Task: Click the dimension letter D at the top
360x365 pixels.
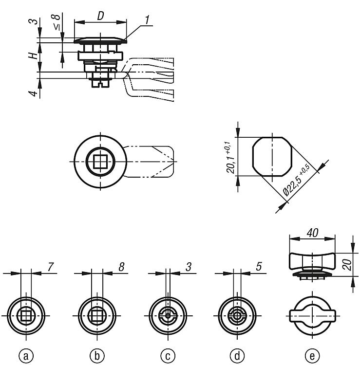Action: point(100,16)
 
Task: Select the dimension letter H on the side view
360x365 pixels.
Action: point(33,55)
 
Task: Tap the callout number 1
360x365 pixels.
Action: point(147,20)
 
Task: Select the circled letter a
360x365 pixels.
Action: point(26,356)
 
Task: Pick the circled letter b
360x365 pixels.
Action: point(97,356)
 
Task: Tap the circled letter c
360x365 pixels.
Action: point(168,356)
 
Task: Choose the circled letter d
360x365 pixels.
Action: point(237,356)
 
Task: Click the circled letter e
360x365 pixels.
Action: point(312,356)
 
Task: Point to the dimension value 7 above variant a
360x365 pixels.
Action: point(50,267)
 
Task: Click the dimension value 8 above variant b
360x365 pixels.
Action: point(121,267)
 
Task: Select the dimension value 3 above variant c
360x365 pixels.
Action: point(188,267)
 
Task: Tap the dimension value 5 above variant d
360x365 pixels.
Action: point(259,267)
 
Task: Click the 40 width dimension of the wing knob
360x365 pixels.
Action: point(312,233)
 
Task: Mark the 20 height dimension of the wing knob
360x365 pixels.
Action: point(347,264)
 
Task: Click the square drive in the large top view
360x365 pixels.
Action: point(100,161)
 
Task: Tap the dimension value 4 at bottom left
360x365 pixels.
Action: point(33,93)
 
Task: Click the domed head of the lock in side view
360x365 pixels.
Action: point(100,40)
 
